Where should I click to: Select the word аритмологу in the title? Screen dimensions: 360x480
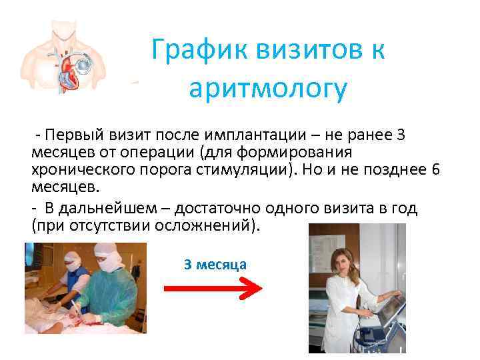268,89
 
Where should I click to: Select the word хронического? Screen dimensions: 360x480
73,169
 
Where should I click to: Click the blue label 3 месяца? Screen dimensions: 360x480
215,265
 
